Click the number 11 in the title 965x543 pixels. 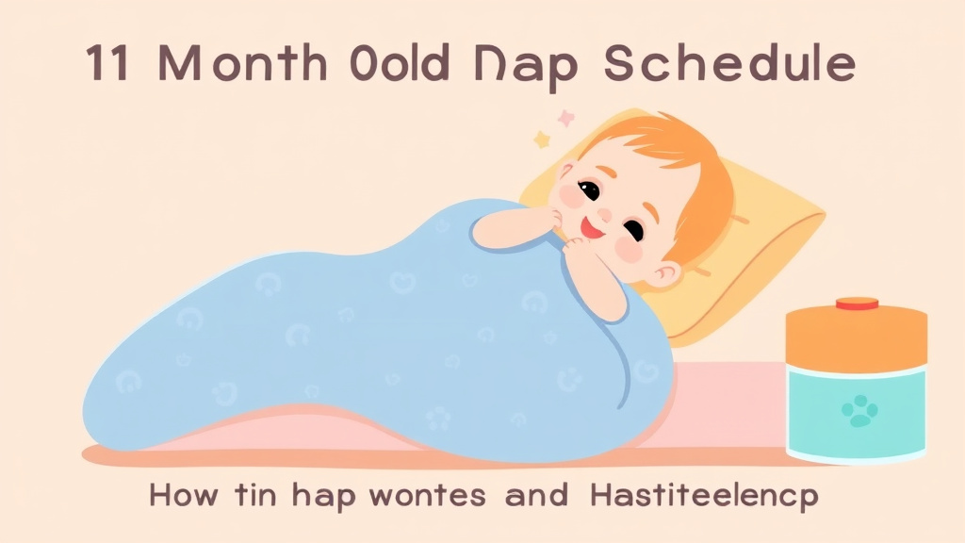tap(106, 65)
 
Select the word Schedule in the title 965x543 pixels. tap(728, 65)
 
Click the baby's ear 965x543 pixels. tap(667, 273)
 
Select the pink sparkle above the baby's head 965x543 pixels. tap(566, 119)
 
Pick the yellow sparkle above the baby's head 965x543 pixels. tap(543, 140)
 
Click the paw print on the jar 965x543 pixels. tap(859, 410)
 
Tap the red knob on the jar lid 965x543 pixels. tap(857, 304)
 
